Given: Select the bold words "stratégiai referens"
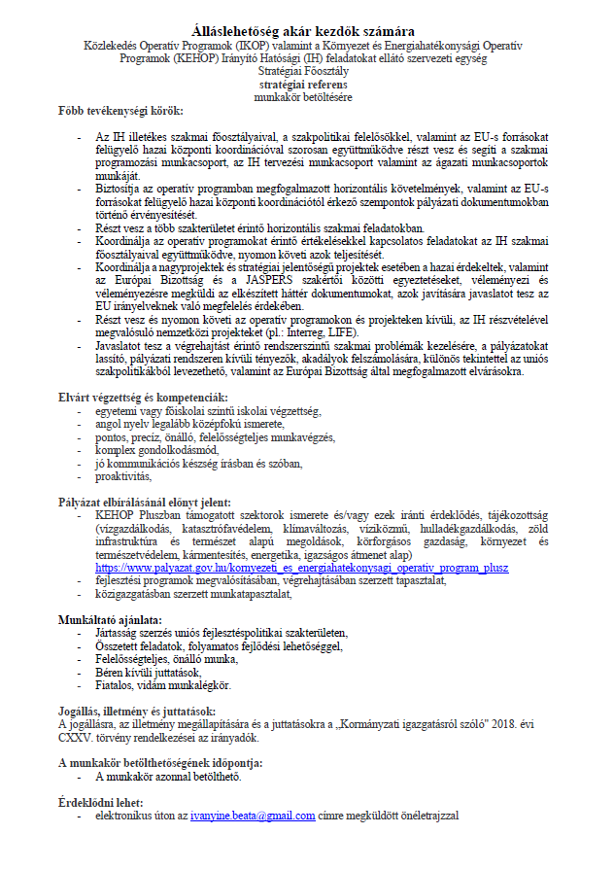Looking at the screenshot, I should (x=306, y=85).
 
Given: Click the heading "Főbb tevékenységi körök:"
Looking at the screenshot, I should (x=120, y=112).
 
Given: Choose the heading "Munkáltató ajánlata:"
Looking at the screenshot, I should (x=110, y=619).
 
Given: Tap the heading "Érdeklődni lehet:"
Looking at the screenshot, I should (x=100, y=802).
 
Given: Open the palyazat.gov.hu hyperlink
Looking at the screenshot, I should (x=301, y=567).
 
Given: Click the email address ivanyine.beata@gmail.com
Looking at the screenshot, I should (x=253, y=817).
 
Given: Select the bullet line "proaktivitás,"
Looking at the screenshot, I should (x=124, y=477).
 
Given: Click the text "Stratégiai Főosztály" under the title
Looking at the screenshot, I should (x=306, y=72).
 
